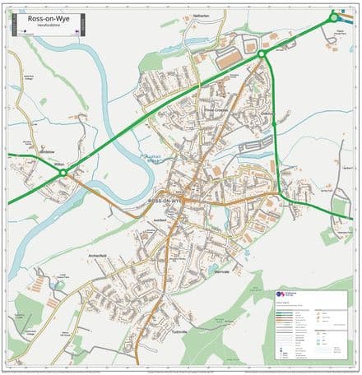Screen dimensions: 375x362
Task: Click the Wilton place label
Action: (58, 164)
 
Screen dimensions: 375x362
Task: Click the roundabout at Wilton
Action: (64, 172)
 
